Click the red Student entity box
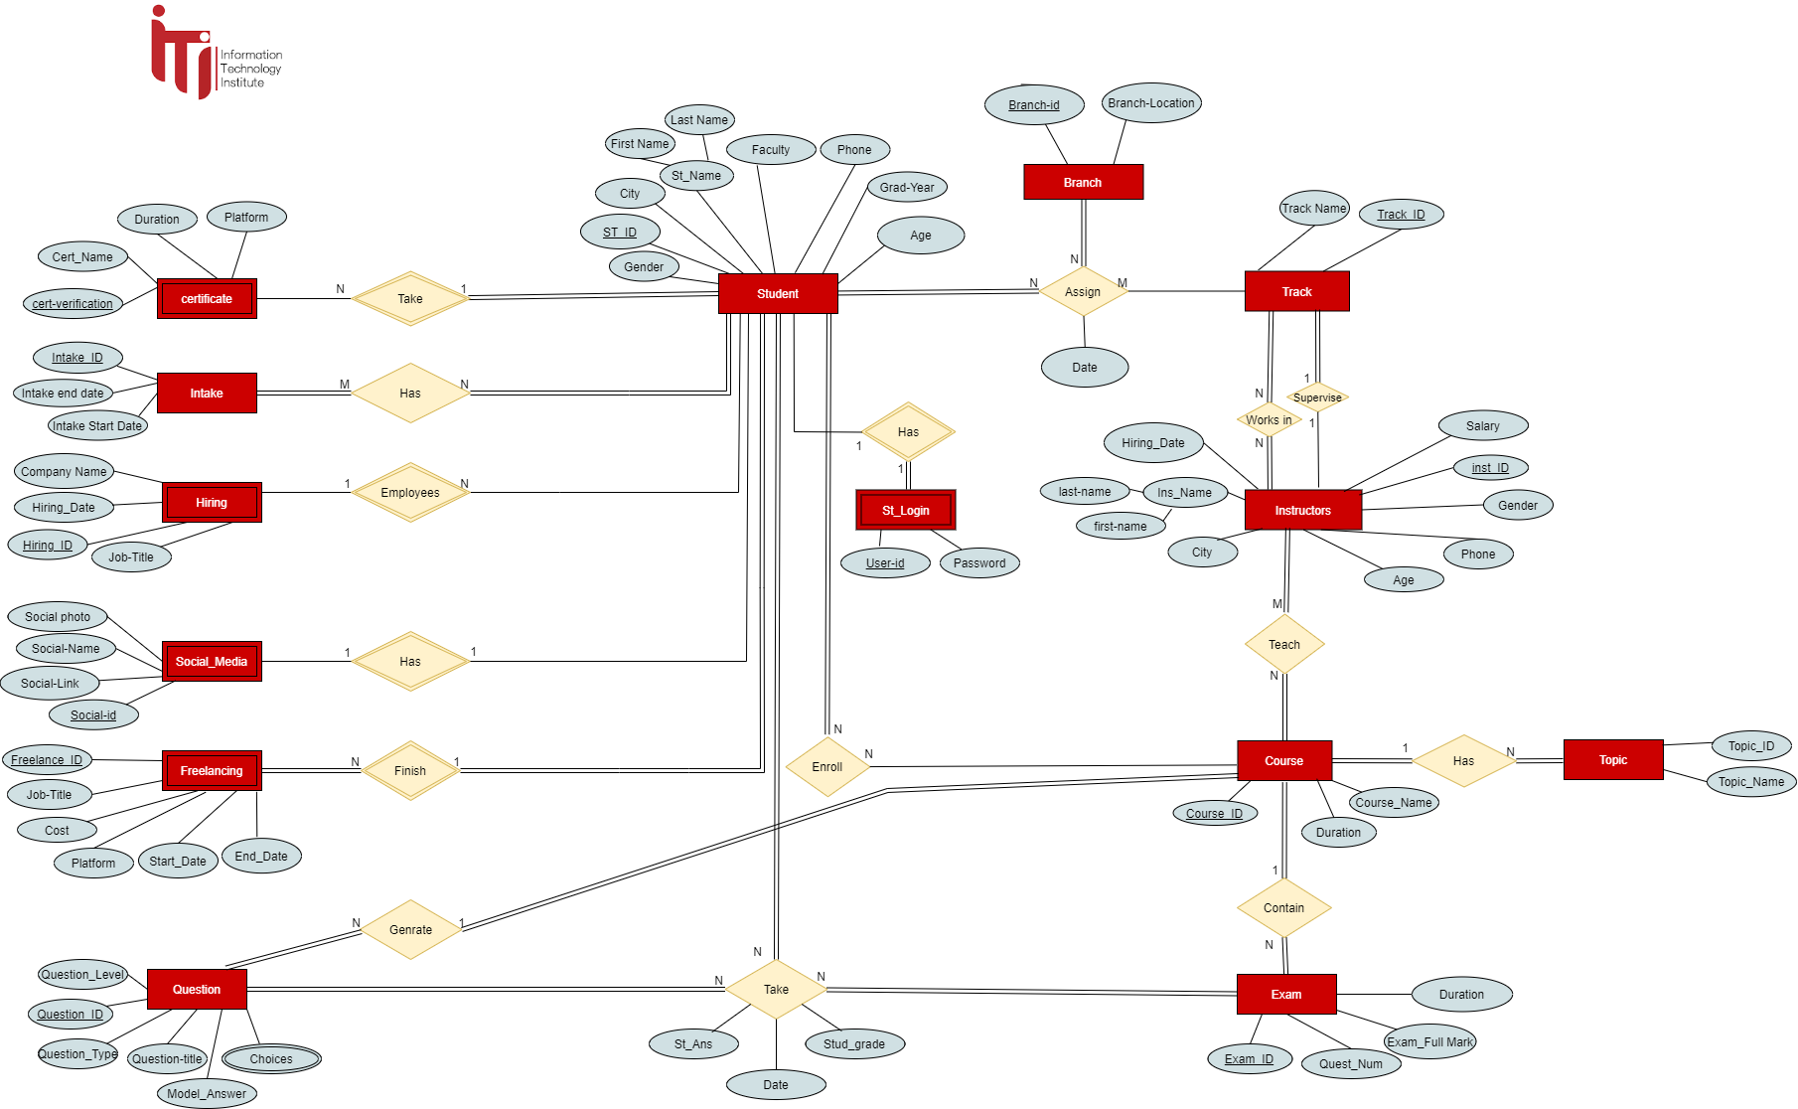click(x=778, y=293)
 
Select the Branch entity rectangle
click(x=1083, y=182)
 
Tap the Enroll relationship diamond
click(x=826, y=766)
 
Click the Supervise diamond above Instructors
click(x=1317, y=397)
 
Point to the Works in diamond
click(x=1269, y=419)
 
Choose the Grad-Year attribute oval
click(x=907, y=187)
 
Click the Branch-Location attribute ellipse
click(x=1151, y=103)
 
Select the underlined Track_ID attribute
click(x=1401, y=214)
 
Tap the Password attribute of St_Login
click(x=979, y=562)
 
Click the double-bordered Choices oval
click(x=271, y=1058)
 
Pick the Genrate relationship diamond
click(x=410, y=929)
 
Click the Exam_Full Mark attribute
click(x=1429, y=1041)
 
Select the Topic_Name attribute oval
click(x=1750, y=781)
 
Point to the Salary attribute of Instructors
click(x=1482, y=425)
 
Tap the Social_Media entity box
click(x=212, y=661)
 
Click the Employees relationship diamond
click(x=410, y=492)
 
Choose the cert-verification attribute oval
click(x=73, y=303)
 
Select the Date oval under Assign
click(x=1084, y=367)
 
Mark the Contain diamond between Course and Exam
click(x=1283, y=907)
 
